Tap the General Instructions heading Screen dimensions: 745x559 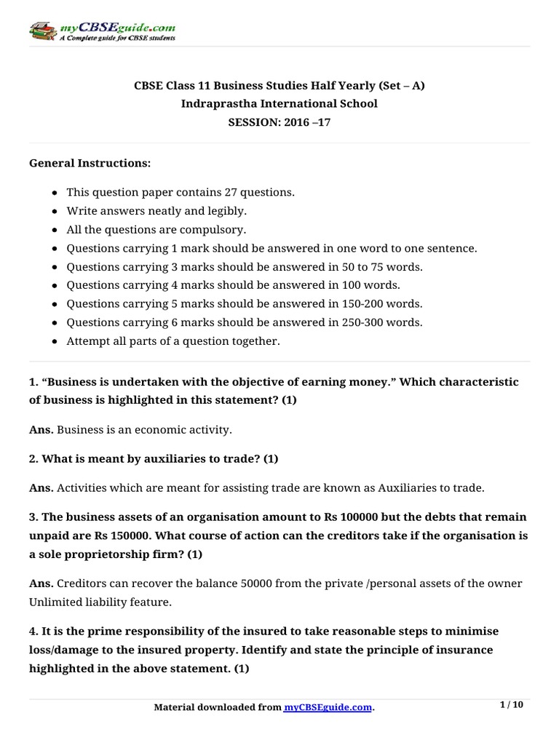coord(90,164)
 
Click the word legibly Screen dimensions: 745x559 coord(226,211)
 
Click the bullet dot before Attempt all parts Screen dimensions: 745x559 coord(56,341)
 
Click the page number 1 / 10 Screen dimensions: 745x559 coord(512,705)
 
